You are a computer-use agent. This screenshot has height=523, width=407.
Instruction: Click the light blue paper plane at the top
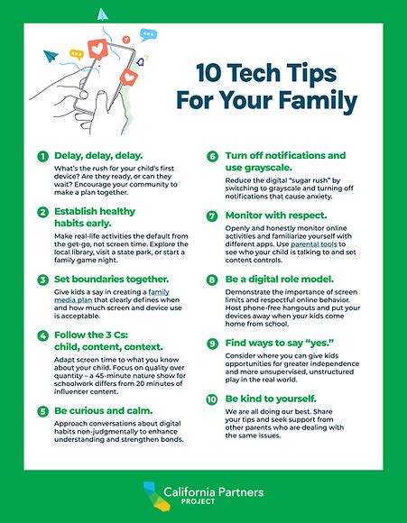[102, 14]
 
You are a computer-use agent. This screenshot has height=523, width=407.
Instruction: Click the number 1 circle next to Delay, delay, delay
[42, 156]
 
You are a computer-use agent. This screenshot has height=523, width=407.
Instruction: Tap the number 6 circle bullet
[213, 156]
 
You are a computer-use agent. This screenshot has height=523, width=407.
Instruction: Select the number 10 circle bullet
[213, 398]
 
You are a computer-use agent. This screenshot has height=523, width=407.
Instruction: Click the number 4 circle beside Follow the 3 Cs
[42, 335]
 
